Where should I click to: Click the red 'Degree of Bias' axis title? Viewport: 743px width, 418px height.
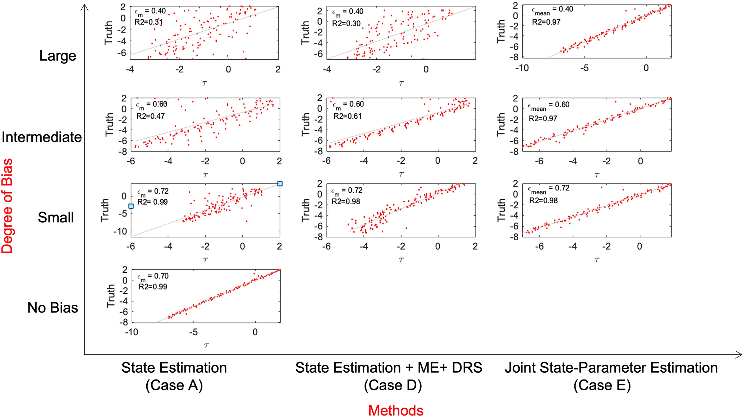(x=7, y=206)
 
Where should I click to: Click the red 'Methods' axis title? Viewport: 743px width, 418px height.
(x=396, y=410)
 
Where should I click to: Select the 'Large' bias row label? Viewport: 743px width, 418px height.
(x=58, y=56)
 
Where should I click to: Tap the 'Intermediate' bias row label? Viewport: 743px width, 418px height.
(x=42, y=137)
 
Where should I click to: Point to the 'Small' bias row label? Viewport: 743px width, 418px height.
(x=56, y=217)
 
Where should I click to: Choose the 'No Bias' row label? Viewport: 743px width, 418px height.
(x=52, y=308)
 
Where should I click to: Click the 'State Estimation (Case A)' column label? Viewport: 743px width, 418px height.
(x=174, y=376)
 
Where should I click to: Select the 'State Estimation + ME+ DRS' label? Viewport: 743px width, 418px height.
(x=389, y=368)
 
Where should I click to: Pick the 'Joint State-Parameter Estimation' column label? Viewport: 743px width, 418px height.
(x=611, y=368)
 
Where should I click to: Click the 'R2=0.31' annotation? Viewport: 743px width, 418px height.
(x=148, y=22)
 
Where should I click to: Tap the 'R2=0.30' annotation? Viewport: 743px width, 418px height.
(x=346, y=23)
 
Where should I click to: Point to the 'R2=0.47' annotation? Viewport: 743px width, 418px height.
(x=151, y=116)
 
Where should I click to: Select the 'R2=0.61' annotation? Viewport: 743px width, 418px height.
(x=347, y=116)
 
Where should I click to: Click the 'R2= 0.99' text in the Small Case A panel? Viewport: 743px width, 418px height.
(x=152, y=202)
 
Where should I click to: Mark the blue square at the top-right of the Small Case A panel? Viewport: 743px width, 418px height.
(x=280, y=184)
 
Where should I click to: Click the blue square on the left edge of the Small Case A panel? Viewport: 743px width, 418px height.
(x=131, y=206)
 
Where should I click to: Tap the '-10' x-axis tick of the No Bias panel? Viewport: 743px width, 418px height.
(x=131, y=332)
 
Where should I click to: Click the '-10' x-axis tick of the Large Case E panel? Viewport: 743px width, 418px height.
(x=522, y=68)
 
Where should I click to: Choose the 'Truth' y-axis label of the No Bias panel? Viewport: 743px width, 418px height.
(x=111, y=296)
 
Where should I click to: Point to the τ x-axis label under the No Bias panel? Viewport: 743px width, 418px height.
(x=206, y=345)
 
